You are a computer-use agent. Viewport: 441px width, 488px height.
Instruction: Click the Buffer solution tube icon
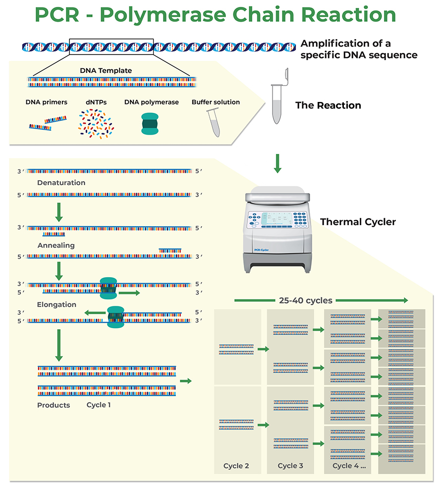[213, 122]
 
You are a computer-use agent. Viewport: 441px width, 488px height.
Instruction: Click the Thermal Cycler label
[358, 222]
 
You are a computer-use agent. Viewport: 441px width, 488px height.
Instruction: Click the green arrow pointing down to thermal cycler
[277, 163]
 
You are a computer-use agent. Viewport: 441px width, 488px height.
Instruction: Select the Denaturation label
[61, 183]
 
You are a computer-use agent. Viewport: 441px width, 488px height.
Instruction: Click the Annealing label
[56, 245]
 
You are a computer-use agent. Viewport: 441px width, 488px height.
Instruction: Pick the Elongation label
[56, 304]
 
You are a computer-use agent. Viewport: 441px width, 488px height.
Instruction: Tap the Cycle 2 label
[236, 466]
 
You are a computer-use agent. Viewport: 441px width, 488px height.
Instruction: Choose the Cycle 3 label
[290, 466]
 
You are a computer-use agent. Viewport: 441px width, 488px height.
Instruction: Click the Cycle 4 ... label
[348, 466]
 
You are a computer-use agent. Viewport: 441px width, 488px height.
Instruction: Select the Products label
[54, 405]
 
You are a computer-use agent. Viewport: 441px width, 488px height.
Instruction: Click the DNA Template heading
[106, 70]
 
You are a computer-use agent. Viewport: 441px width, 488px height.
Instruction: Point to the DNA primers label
[47, 102]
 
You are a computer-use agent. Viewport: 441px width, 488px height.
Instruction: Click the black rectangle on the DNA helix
[111, 46]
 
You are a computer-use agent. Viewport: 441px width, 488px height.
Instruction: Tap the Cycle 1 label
[99, 405]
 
